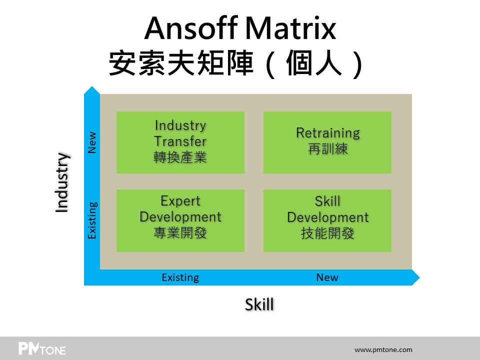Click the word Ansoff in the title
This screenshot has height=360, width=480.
[x=191, y=28]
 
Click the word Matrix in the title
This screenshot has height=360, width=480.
[x=291, y=28]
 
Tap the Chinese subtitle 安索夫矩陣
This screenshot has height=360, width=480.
[x=181, y=63]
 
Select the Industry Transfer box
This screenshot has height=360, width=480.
[x=180, y=142]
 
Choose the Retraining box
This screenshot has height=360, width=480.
[x=327, y=142]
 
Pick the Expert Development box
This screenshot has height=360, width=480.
[x=180, y=220]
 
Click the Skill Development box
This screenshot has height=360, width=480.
[x=327, y=220]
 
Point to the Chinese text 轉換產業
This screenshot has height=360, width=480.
[x=180, y=157]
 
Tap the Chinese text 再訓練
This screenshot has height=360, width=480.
[x=328, y=149]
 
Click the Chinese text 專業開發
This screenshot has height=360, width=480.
[x=180, y=233]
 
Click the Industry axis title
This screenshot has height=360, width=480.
[x=62, y=182]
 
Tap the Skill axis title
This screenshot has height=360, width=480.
[x=259, y=304]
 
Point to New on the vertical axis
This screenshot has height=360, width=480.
[x=92, y=142]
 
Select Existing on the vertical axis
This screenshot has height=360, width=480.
[x=92, y=220]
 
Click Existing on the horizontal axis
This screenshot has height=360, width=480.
[x=180, y=277]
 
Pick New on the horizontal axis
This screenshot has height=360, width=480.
[x=327, y=277]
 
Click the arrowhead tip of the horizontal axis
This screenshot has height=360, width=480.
[x=419, y=277]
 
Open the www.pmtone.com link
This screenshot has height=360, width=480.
[x=383, y=349]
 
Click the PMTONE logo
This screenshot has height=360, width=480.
[x=42, y=348]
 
